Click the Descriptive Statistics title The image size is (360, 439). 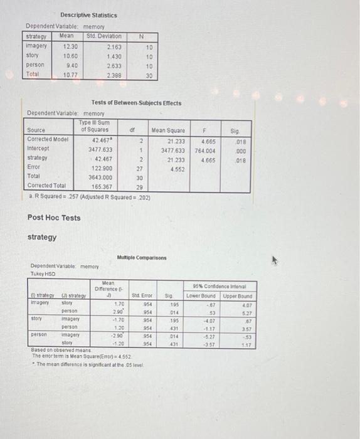coord(88,15)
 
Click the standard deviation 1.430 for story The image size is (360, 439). coord(114,56)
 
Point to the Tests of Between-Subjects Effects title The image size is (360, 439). coord(136,103)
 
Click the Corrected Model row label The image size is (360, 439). coord(48,139)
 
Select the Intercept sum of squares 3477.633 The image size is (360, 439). coord(102,149)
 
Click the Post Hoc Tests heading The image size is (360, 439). coord(54,218)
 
